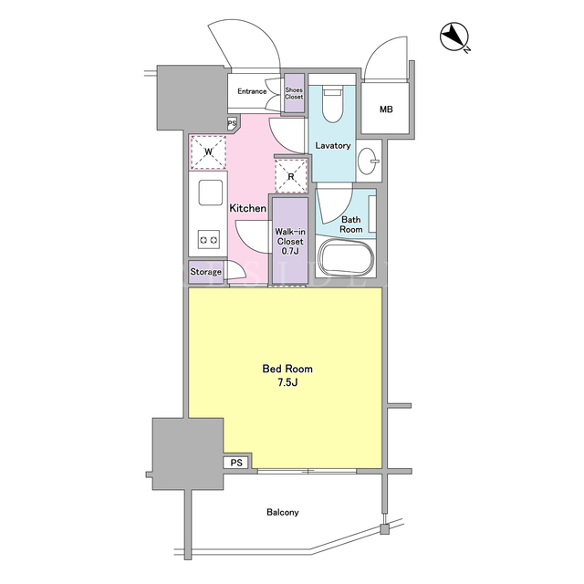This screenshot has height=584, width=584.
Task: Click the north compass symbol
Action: tap(454, 36)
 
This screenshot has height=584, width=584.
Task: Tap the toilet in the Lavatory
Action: tap(332, 105)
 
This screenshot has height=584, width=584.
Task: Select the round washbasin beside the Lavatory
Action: tap(368, 161)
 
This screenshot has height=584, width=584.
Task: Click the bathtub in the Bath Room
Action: tap(347, 257)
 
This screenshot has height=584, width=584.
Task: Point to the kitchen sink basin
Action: tap(211, 193)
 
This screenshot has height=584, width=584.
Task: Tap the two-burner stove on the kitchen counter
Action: tap(209, 239)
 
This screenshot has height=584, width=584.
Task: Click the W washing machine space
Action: tap(208, 152)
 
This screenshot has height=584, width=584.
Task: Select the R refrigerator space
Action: tap(291, 176)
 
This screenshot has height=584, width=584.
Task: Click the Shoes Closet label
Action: tap(294, 93)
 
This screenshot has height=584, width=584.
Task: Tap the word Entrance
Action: tap(252, 91)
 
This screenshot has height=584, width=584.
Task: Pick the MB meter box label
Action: tap(386, 109)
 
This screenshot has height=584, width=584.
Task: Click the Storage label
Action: tap(205, 272)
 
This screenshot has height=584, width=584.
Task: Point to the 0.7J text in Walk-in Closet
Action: tap(290, 251)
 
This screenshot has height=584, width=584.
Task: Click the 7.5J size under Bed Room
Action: tap(287, 382)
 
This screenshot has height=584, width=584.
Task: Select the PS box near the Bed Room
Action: tap(236, 463)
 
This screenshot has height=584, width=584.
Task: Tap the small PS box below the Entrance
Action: tap(232, 123)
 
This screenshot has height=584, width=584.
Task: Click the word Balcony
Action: tap(283, 513)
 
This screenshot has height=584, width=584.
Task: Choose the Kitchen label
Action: tap(247, 208)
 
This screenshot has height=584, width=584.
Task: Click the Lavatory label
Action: tap(333, 146)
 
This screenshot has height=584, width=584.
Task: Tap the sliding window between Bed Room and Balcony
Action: tap(307, 471)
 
